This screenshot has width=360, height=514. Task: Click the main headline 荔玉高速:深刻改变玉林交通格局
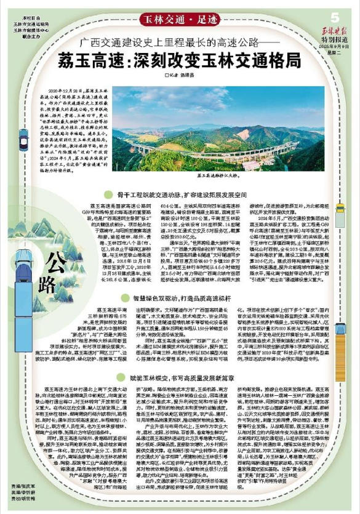click(x=180, y=61)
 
